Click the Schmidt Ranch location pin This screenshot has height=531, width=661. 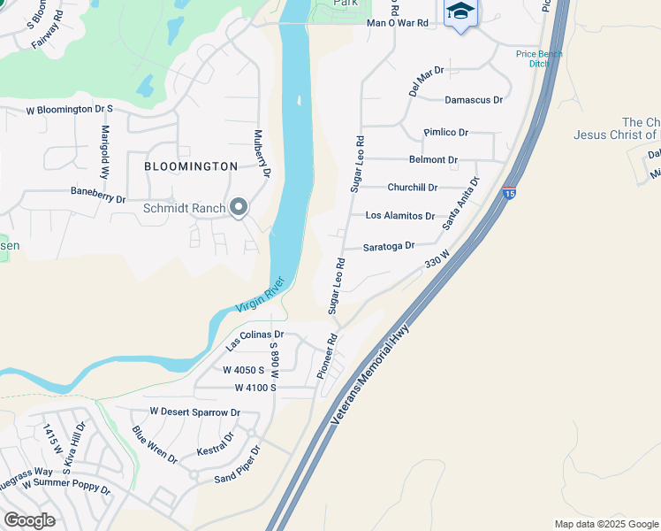(x=238, y=208)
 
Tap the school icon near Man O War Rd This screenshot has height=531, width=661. (x=459, y=13)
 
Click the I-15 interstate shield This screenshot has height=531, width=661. (x=509, y=193)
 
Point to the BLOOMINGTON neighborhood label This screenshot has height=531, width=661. (x=192, y=166)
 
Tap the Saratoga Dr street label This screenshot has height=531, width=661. (x=389, y=246)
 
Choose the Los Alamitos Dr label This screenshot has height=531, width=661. (x=400, y=216)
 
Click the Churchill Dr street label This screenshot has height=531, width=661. (x=412, y=188)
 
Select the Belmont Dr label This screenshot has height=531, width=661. (x=433, y=160)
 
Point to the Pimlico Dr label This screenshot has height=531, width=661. (x=445, y=132)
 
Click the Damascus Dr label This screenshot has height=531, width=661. (x=474, y=101)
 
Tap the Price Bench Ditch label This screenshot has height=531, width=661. (x=533, y=58)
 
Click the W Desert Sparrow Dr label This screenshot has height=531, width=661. (x=194, y=412)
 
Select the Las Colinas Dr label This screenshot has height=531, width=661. (x=254, y=339)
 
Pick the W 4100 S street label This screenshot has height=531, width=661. (x=256, y=388)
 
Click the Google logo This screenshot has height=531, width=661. (x=28, y=520)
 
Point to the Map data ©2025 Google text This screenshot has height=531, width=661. (x=605, y=524)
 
